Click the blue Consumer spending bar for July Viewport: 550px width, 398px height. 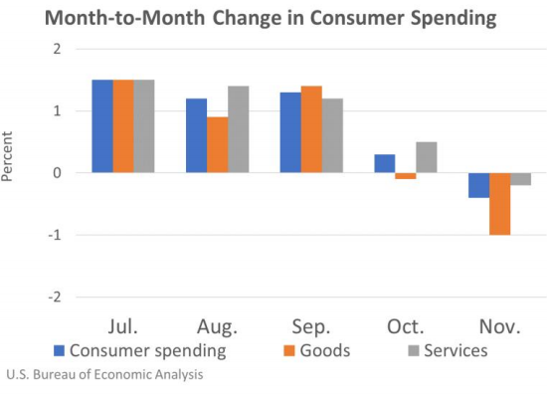pyautogui.click(x=102, y=126)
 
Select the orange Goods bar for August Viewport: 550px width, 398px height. pyautogui.click(x=217, y=145)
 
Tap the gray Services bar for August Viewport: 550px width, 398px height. pyautogui.click(x=238, y=129)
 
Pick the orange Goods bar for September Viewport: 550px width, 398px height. pyautogui.click(x=311, y=129)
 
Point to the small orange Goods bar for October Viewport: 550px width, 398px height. pyautogui.click(x=405, y=176)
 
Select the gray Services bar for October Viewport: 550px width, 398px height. pyautogui.click(x=426, y=157)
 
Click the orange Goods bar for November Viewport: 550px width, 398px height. pyautogui.click(x=499, y=204)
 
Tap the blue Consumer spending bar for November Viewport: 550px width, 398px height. pyautogui.click(x=478, y=185)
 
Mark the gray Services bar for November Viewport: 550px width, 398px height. pyautogui.click(x=520, y=179)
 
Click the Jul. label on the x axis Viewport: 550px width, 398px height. pyautogui.click(x=123, y=326)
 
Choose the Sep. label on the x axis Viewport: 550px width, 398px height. pyautogui.click(x=311, y=326)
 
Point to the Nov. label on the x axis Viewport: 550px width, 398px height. pyautogui.click(x=499, y=326)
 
